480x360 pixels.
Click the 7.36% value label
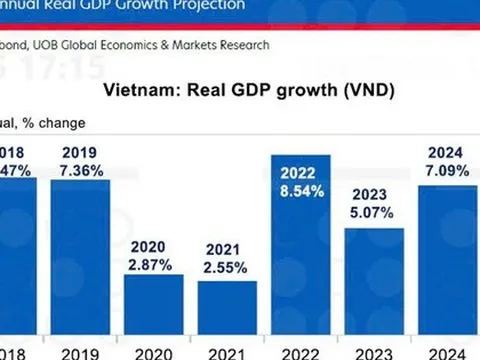pyautogui.click(x=81, y=171)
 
